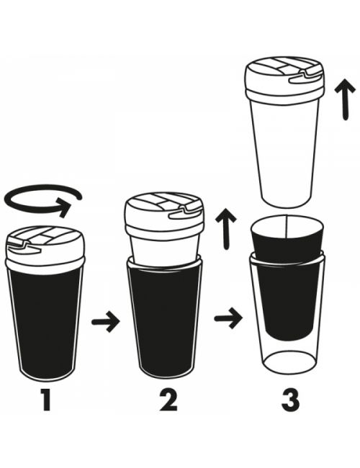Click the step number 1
[45, 400]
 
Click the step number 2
[168, 400]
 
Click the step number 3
[290, 400]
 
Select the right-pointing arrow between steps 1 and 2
[106, 322]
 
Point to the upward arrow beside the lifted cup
[345, 99]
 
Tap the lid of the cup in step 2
[164, 217]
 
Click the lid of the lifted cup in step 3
[284, 79]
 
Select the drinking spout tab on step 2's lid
[186, 212]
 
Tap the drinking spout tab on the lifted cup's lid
[306, 76]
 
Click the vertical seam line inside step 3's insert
[287, 227]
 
